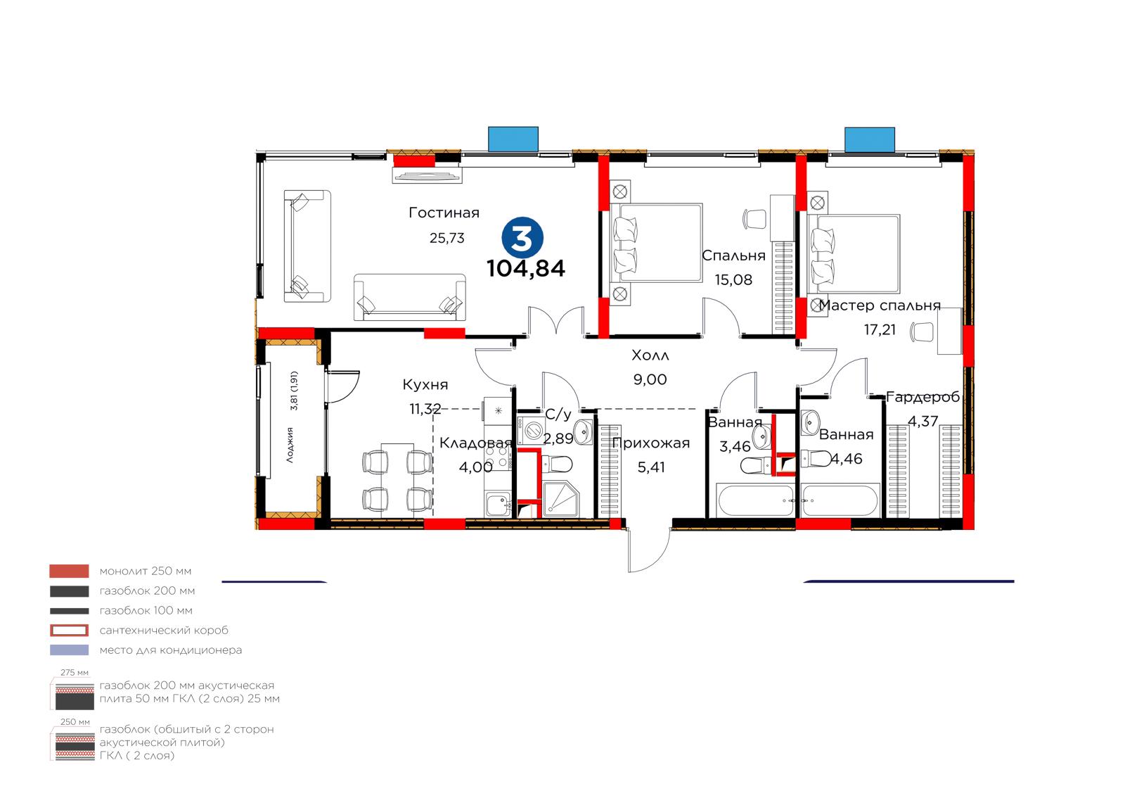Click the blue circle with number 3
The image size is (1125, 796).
click(522, 238)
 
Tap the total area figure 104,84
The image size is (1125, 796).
click(526, 269)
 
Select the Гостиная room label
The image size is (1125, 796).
click(444, 213)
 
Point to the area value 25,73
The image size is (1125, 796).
click(447, 238)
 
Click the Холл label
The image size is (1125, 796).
click(650, 355)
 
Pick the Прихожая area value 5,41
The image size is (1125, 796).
click(651, 467)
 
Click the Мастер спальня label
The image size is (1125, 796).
click(880, 305)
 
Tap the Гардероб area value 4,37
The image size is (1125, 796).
click(923, 422)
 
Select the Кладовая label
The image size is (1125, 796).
click(475, 443)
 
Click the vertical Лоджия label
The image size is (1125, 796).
click(290, 445)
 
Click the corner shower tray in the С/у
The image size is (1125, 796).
click(560, 499)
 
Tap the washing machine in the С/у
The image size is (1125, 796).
click(531, 431)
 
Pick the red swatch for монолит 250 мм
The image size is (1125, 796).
click(70, 571)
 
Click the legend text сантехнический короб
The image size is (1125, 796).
click(164, 631)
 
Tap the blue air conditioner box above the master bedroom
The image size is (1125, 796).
click(870, 140)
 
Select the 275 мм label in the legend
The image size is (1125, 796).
click(75, 673)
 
